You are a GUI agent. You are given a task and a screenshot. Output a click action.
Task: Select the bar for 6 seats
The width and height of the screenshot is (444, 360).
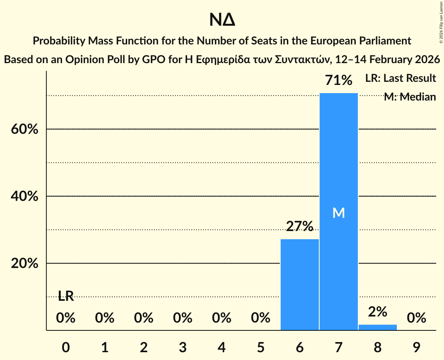pos(299,284)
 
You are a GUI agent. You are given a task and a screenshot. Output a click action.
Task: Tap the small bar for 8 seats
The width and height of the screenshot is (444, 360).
pos(377,327)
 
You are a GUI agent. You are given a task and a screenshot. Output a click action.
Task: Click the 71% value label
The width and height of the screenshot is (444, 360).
pos(338,81)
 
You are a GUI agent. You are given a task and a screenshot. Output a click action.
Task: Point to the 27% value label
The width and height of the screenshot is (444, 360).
pos(299,226)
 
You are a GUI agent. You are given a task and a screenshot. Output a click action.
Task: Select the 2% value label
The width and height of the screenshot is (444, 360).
pos(377,312)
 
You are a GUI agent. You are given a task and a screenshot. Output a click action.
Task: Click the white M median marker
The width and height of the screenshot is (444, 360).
pos(338,213)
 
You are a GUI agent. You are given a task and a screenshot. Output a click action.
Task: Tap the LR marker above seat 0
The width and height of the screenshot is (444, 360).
pos(66,296)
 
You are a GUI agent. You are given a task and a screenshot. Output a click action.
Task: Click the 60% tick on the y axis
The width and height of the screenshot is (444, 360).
pos(25,129)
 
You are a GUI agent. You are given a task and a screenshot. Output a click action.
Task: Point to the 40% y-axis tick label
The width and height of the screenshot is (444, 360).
pos(25,196)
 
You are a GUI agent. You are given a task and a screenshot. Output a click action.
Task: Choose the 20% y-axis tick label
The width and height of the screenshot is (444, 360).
pos(25,264)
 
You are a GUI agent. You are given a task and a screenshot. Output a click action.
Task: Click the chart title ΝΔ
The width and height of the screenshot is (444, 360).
pos(222,20)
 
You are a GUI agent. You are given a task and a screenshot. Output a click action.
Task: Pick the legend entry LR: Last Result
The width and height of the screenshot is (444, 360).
pos(400,78)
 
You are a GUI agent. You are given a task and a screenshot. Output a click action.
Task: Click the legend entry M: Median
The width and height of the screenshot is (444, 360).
pos(409,97)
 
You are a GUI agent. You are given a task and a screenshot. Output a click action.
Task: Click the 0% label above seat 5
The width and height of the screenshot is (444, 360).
pos(260,318)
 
